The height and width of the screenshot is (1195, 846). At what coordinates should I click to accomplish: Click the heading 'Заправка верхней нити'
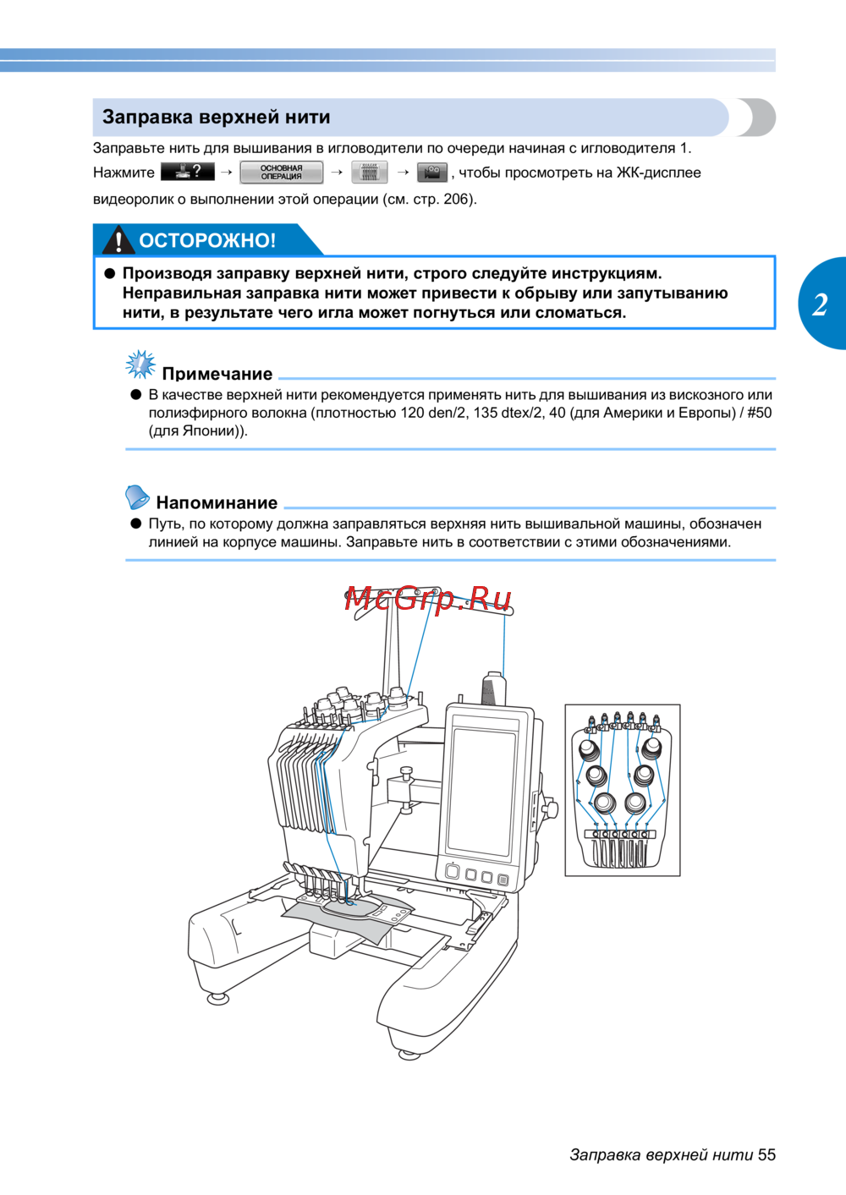(217, 118)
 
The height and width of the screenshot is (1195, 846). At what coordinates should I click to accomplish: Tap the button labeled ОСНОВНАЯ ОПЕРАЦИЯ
(281, 173)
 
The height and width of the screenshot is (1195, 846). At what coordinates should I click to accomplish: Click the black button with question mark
(187, 172)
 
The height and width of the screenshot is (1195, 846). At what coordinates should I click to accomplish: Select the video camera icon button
(432, 173)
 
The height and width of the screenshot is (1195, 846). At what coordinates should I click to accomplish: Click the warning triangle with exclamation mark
(118, 240)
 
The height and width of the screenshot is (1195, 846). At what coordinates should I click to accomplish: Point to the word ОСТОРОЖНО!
(207, 241)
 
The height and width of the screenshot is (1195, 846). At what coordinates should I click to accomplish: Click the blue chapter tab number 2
(820, 304)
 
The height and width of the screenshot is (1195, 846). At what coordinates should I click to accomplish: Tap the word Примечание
(217, 374)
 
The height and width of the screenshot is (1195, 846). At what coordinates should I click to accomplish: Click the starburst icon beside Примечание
(140, 365)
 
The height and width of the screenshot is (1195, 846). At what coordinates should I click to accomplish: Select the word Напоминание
(217, 503)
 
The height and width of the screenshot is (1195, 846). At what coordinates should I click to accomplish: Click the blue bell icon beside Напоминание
(137, 496)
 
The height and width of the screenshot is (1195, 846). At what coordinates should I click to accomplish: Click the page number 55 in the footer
(766, 1155)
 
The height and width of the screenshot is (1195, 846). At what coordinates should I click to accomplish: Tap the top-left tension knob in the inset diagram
(589, 749)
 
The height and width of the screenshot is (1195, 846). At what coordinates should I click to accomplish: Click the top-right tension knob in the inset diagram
(651, 748)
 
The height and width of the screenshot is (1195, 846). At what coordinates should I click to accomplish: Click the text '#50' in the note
(759, 413)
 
